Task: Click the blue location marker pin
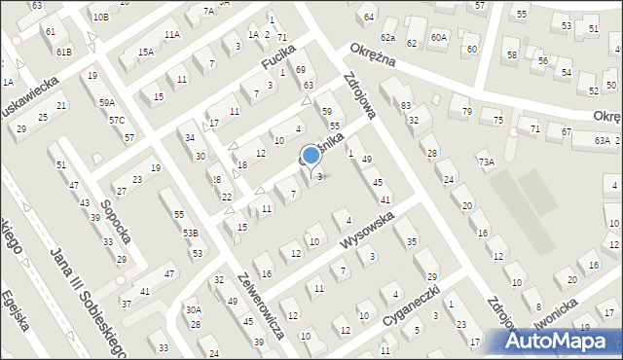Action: [311, 156]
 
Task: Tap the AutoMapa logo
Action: [560, 341]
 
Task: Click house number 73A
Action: [485, 162]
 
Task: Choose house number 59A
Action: [106, 102]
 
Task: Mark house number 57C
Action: [116, 120]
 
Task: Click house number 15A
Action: [145, 53]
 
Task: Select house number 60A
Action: [439, 37]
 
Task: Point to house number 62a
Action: [387, 37]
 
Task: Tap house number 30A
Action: [193, 310]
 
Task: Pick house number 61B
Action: [63, 52]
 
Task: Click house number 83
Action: [406, 104]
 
